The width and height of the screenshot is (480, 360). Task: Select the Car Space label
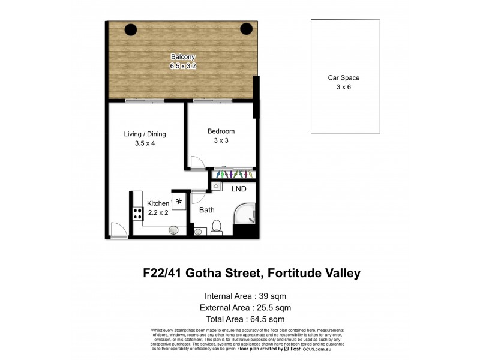click(x=344, y=78)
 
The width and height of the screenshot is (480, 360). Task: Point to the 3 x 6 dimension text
click(x=344, y=88)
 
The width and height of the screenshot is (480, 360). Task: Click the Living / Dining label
click(x=145, y=134)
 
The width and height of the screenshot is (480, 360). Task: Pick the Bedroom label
click(x=221, y=131)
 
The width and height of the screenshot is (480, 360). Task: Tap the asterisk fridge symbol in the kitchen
click(x=178, y=202)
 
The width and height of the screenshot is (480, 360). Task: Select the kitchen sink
click(x=175, y=229)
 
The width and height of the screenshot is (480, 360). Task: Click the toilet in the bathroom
click(x=218, y=227)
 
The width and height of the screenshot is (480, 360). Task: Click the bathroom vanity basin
click(x=198, y=231)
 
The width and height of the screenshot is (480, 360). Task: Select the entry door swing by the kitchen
click(x=118, y=230)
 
